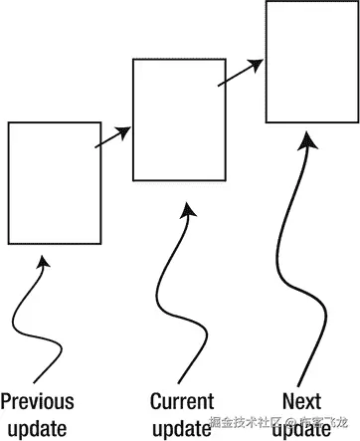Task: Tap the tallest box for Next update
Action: pos(310,62)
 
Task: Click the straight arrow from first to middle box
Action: pos(114,138)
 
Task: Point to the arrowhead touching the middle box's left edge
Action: pos(126,130)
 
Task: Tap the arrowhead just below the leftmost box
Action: pos(41,263)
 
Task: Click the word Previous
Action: pos(38,401)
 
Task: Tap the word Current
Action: pos(182,401)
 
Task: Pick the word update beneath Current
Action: pos(182,429)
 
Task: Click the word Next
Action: pos(301,401)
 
